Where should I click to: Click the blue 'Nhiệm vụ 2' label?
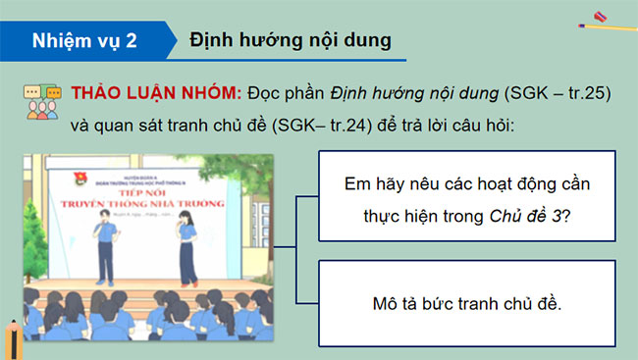[x=84, y=40]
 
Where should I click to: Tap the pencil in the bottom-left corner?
[x=13, y=337]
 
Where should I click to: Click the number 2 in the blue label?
[x=132, y=40]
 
